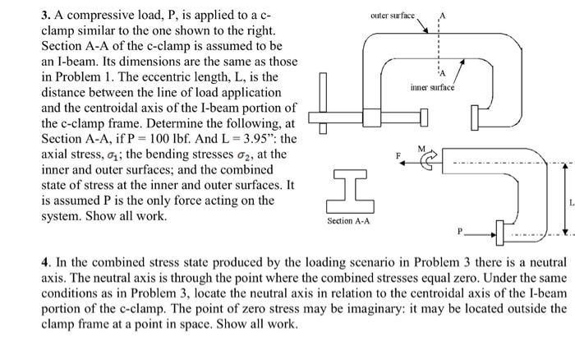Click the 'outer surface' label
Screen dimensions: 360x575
coord(393,15)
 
